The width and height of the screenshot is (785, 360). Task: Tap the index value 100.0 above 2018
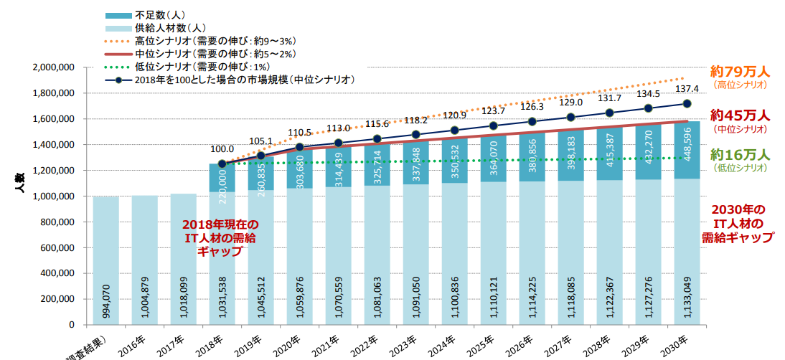tap(222, 149)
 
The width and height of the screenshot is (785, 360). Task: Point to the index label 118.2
tap(415, 120)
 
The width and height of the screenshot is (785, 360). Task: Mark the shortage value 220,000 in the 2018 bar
tap(222, 180)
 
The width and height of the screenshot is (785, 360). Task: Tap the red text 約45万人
tap(740, 115)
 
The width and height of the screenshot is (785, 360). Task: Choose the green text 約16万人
tap(740, 155)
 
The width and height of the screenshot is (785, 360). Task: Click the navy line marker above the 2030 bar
tap(687, 103)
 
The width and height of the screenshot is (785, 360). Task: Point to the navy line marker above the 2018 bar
tap(222, 164)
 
